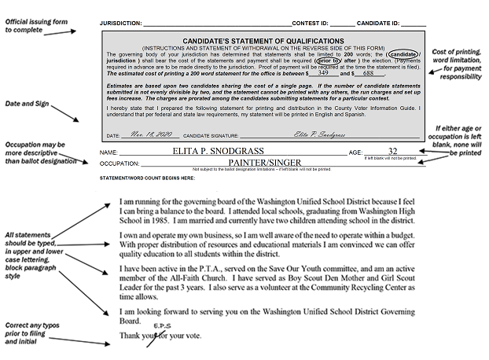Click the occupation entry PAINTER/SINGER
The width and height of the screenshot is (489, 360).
coord(258,163)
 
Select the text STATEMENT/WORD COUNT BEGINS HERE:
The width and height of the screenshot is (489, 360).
coord(148,178)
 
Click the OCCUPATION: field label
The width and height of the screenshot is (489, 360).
coord(120,163)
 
